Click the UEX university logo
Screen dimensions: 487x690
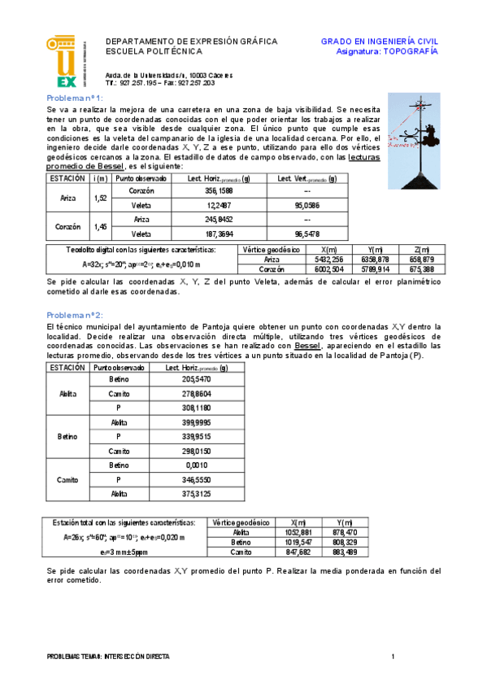pyautogui.click(x=63, y=61)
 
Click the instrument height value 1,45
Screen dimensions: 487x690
pyautogui.click(x=101, y=227)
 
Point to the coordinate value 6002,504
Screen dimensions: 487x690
pyautogui.click(x=329, y=269)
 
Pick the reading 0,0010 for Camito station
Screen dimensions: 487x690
pyautogui.click(x=196, y=465)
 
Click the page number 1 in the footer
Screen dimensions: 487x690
pyautogui.click(x=393, y=656)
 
